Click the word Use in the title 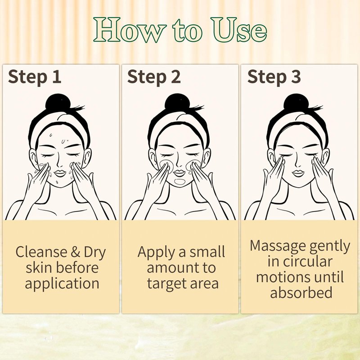(x=239, y=30)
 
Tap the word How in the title (x=130, y=30)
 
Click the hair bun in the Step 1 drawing (x=58, y=102)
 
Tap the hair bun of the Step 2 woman (x=177, y=102)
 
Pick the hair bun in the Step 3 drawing (x=296, y=102)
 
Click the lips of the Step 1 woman (x=60, y=173)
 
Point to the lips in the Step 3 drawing (x=298, y=173)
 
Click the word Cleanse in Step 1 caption (x=41, y=252)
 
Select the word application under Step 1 (x=62, y=284)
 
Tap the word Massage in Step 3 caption (x=278, y=246)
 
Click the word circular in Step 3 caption (x=307, y=261)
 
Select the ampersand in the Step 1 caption (x=76, y=252)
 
